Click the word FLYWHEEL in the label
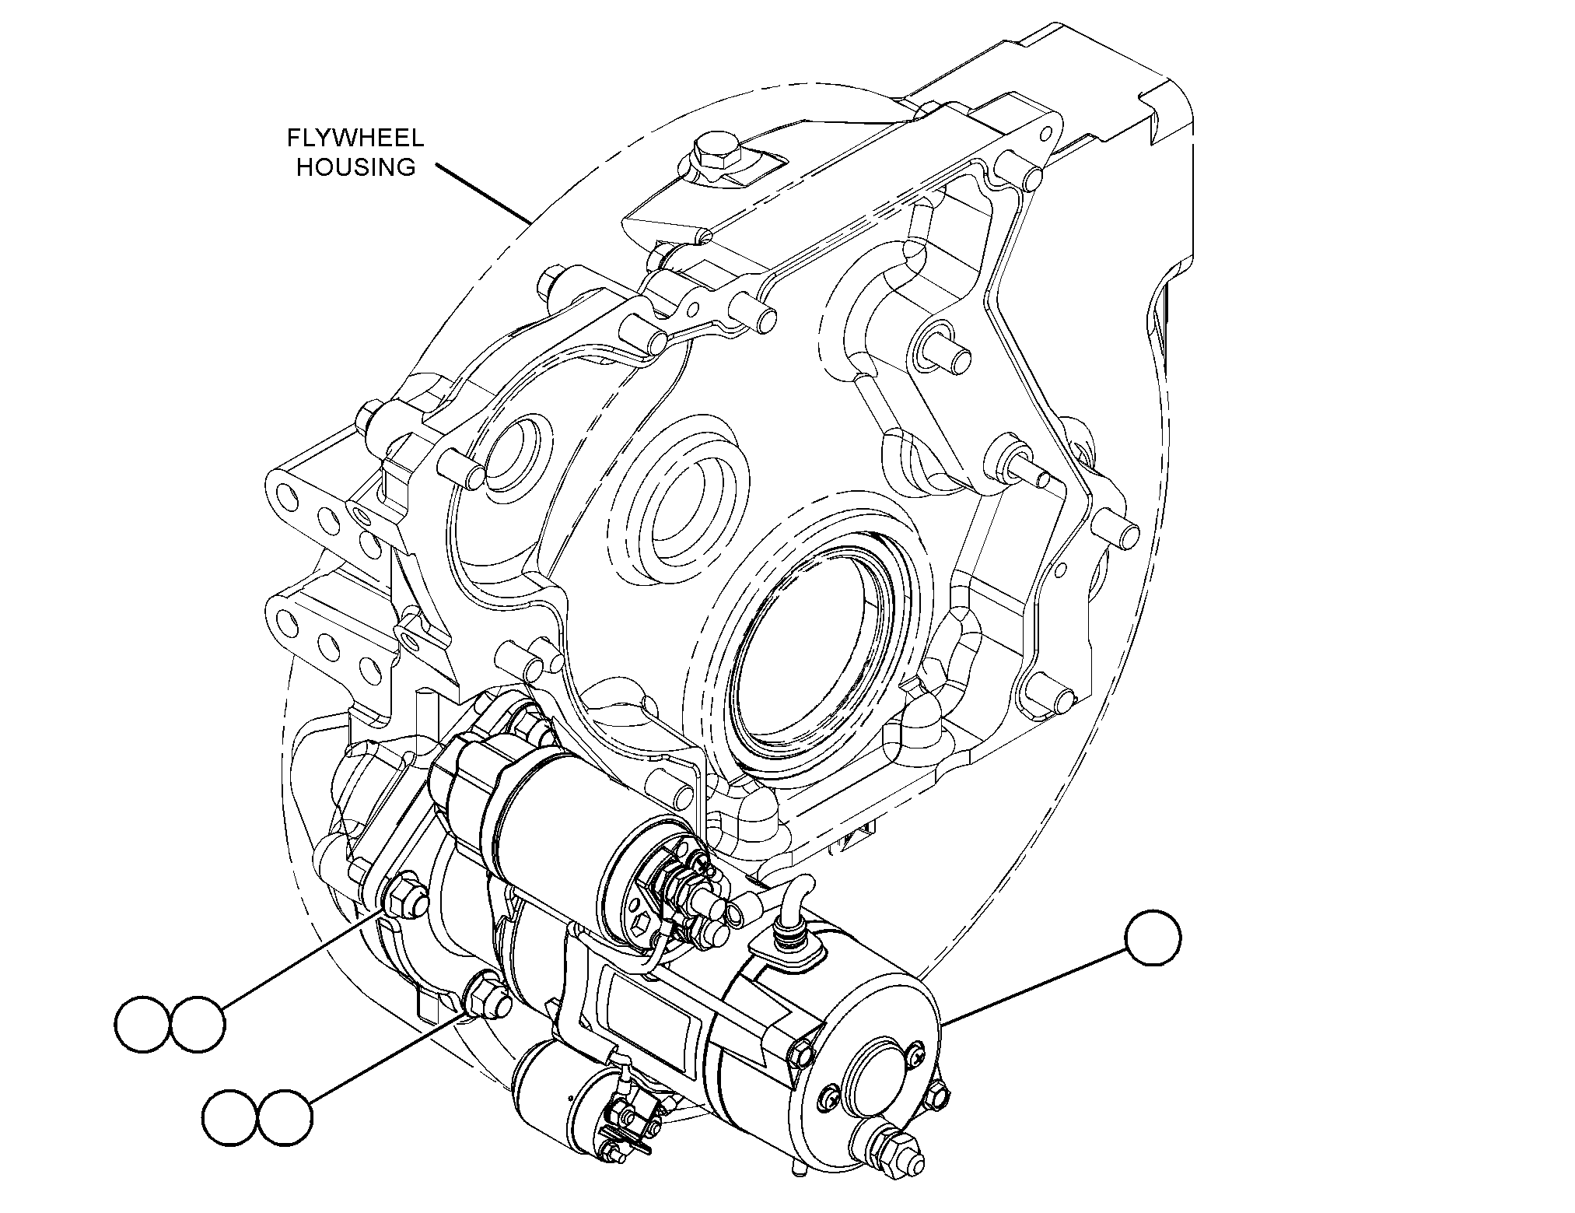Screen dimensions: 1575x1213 (x=355, y=138)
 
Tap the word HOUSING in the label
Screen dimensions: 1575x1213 (x=355, y=167)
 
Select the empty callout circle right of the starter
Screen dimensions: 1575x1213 (x=1153, y=938)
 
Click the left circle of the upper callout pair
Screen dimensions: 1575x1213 (x=143, y=1025)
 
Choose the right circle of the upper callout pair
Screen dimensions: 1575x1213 (x=198, y=1025)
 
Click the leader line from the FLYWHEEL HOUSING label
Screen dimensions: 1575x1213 (x=483, y=193)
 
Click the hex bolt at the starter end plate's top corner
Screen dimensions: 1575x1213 (x=800, y=1053)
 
